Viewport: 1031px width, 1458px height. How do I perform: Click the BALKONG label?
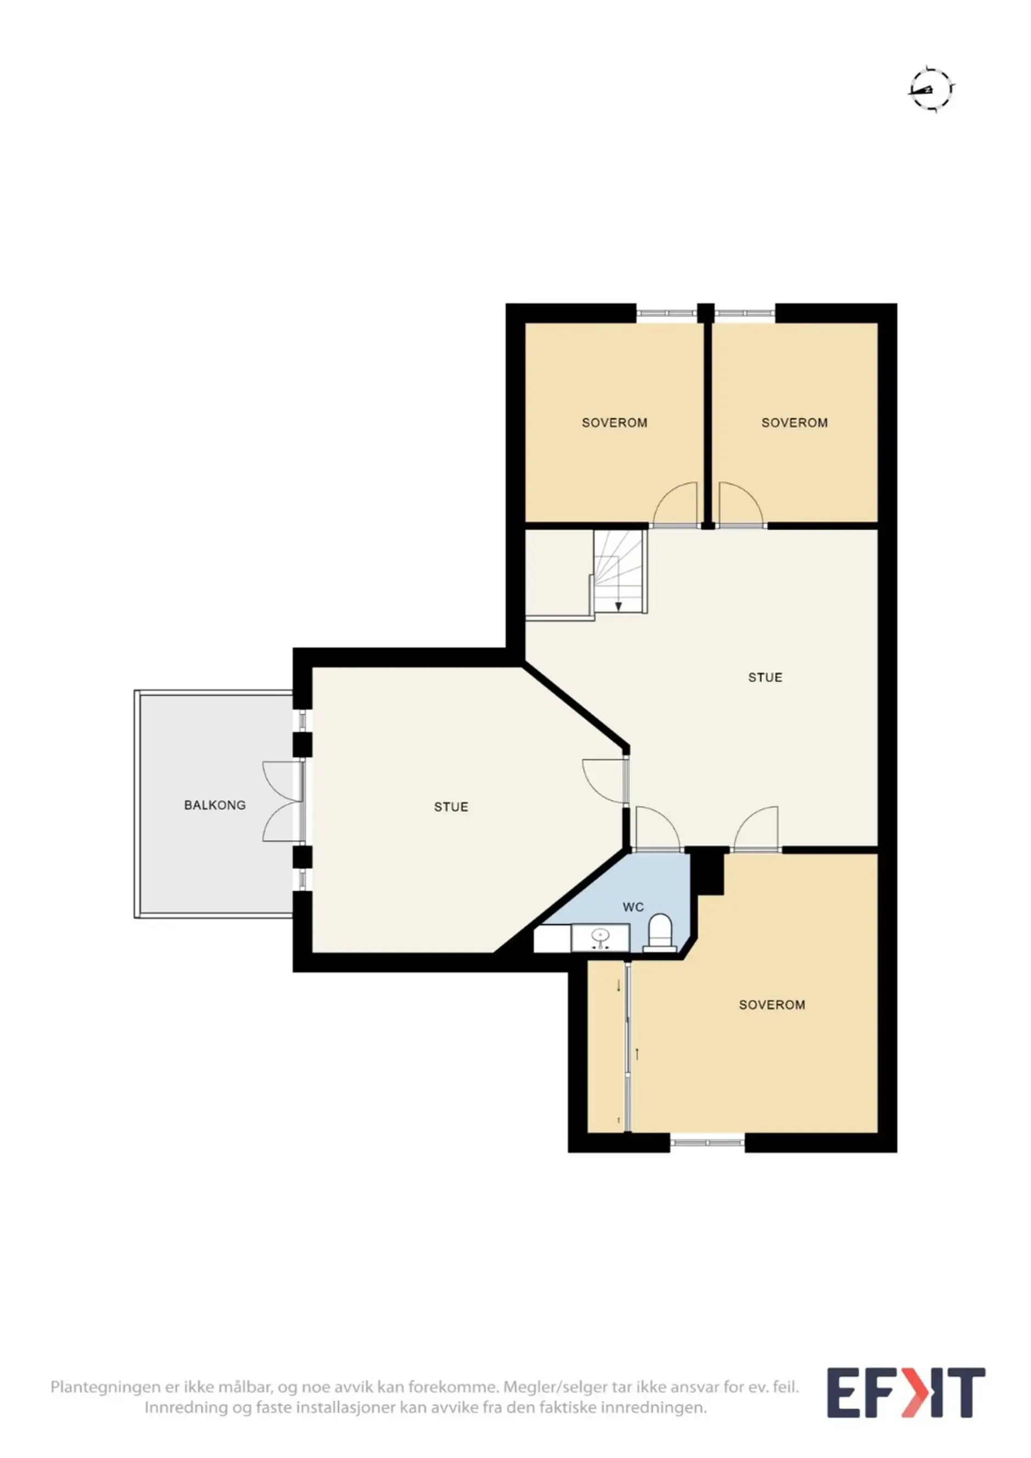coord(215,805)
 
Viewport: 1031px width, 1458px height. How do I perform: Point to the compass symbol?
coord(931,89)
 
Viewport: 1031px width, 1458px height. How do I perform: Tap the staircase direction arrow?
coord(618,606)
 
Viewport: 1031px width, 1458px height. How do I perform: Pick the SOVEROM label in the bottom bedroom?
coord(772,1005)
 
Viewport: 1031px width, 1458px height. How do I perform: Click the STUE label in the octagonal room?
coord(451,807)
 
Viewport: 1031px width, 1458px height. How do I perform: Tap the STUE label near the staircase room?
coord(765,677)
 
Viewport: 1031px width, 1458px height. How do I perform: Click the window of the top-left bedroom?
coord(667,312)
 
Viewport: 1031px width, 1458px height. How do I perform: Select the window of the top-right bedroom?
coord(745,312)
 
